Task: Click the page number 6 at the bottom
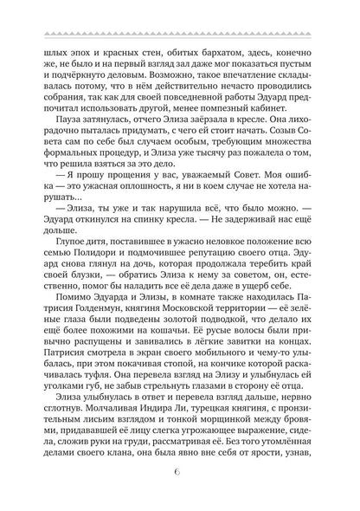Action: pyautogui.click(x=180, y=473)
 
